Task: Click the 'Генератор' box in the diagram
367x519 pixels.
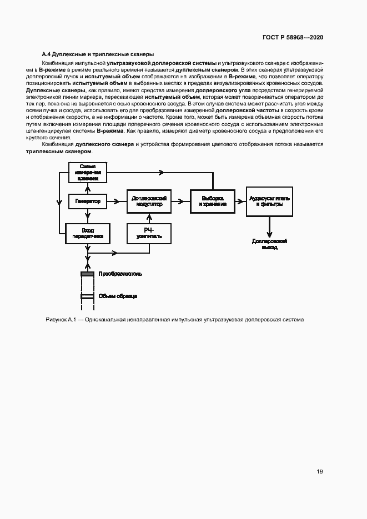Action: tap(88, 202)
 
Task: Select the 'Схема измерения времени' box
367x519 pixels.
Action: tap(88, 172)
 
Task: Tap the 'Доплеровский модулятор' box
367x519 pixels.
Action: tap(149, 201)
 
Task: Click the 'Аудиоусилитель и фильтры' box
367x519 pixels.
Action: tap(269, 201)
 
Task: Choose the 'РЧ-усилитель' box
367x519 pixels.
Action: tap(149, 233)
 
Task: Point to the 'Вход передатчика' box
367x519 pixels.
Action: tap(88, 233)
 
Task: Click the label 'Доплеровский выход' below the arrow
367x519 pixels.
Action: tap(269, 245)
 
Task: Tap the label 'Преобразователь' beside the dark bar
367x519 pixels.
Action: tap(120, 274)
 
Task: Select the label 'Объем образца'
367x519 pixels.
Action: tap(118, 296)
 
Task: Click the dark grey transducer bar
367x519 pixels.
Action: tap(88, 274)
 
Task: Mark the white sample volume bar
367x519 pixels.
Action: tap(88, 296)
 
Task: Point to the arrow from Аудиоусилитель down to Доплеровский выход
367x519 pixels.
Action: tap(269, 226)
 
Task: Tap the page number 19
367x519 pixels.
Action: tap(320, 472)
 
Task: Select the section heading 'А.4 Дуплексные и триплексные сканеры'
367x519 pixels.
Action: tap(94, 54)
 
